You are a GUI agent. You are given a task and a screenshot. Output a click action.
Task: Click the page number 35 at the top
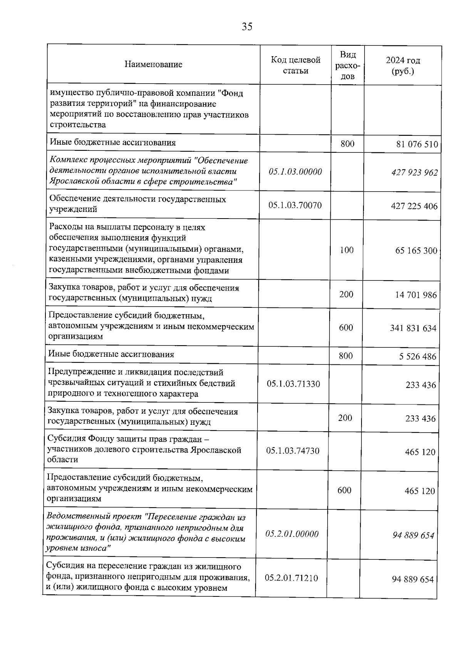click(x=247, y=27)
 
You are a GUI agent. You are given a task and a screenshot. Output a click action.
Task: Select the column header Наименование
click(x=153, y=64)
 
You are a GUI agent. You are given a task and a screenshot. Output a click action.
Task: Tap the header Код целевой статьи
click(x=295, y=65)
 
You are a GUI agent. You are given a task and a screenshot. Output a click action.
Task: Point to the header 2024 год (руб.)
click(x=403, y=66)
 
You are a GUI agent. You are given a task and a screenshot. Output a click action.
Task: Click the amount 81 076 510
click(x=417, y=145)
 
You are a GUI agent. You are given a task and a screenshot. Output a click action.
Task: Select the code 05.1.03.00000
click(x=295, y=172)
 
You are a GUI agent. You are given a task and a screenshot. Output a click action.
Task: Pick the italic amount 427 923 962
click(x=415, y=172)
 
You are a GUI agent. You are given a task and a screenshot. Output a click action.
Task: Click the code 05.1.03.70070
click(x=295, y=205)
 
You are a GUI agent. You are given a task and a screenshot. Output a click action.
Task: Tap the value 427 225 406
click(x=414, y=206)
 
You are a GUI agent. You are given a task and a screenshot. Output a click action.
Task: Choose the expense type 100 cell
click(x=346, y=250)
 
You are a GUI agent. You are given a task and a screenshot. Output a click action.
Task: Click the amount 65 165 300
click(x=416, y=251)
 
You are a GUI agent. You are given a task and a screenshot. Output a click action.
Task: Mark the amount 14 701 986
click(x=416, y=295)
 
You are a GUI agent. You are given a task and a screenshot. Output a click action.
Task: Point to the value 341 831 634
click(x=413, y=328)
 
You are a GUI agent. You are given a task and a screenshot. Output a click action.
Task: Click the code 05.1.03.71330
click(x=293, y=384)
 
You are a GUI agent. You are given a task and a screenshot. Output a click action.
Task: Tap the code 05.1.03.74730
click(x=293, y=451)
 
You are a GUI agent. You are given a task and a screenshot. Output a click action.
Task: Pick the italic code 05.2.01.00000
click(x=292, y=534)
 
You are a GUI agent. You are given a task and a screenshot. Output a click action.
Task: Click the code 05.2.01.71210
click(x=291, y=578)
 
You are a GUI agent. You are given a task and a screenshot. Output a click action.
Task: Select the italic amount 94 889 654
click(x=413, y=535)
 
